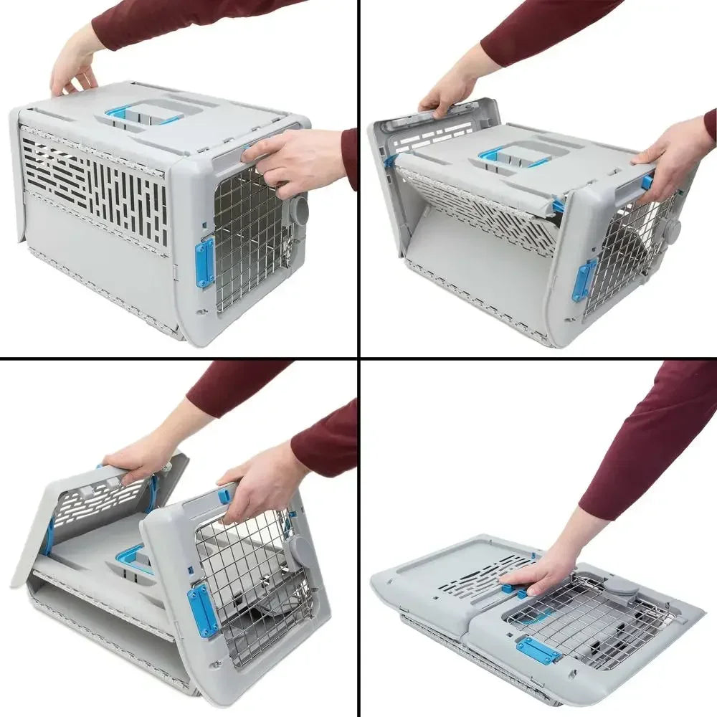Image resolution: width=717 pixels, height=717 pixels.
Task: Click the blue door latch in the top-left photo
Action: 205,262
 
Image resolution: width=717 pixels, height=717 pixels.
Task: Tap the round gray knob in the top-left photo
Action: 299,211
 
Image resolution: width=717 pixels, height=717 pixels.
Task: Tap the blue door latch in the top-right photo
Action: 584,279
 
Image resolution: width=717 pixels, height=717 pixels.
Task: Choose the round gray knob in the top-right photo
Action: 672,230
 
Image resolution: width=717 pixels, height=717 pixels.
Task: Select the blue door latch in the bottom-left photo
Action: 203,610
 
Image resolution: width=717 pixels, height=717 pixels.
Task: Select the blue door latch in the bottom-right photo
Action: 538,650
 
